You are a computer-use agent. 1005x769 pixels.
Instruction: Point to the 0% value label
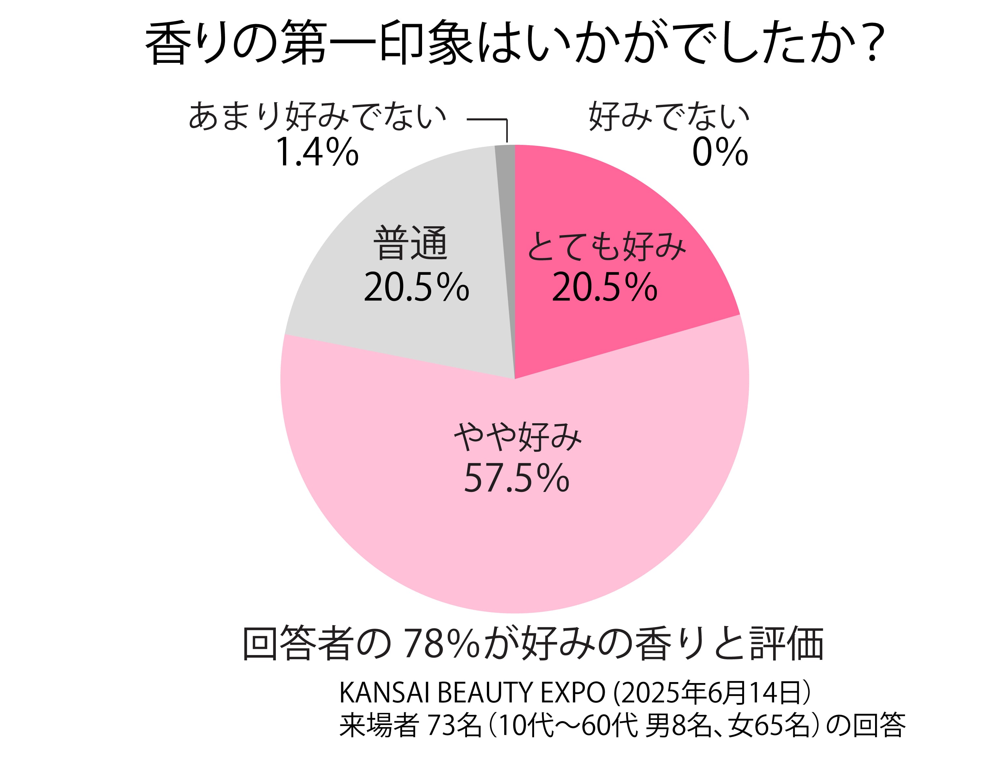[x=719, y=152]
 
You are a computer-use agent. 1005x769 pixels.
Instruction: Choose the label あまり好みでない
[x=317, y=116]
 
